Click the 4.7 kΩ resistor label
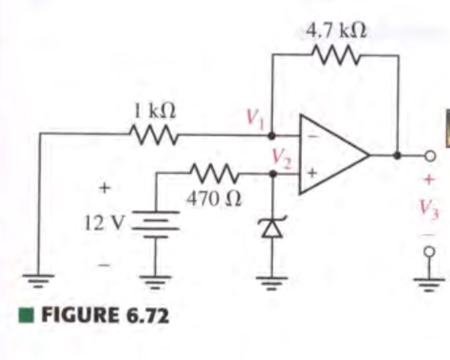pyautogui.click(x=336, y=30)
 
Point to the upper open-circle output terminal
pyautogui.click(x=429, y=155)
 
